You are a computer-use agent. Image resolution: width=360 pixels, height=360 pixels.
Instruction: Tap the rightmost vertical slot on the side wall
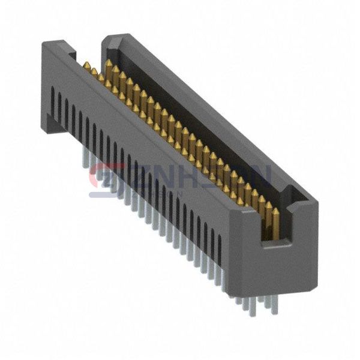click(x=220, y=246)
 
